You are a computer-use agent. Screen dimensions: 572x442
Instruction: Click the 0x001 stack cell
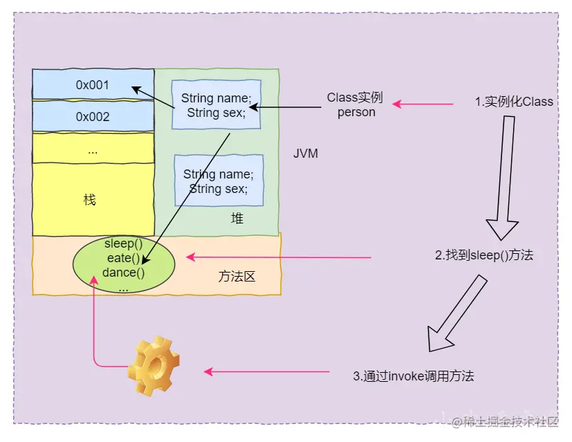click(93, 84)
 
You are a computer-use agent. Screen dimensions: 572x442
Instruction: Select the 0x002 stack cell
click(93, 116)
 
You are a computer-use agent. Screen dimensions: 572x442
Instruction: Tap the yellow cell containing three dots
click(93, 148)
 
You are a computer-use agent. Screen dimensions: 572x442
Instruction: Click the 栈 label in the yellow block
click(90, 200)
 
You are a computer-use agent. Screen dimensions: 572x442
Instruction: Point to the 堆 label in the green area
click(237, 218)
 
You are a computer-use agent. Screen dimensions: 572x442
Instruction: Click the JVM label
click(305, 154)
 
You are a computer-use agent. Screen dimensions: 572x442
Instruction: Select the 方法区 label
click(237, 277)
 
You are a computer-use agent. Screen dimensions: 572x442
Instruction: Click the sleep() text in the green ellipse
click(123, 243)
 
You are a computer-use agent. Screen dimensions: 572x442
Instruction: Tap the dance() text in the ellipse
click(123, 273)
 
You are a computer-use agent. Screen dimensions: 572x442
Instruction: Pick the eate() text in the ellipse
click(123, 258)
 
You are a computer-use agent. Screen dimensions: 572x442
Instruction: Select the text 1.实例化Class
click(514, 101)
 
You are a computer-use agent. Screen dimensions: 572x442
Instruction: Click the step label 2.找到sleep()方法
click(484, 255)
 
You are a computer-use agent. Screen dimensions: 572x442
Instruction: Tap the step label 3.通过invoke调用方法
click(413, 376)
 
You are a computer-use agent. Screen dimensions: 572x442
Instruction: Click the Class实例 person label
click(355, 104)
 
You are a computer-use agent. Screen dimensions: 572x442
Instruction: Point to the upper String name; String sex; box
click(216, 104)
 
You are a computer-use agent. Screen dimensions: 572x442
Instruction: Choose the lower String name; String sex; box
click(219, 181)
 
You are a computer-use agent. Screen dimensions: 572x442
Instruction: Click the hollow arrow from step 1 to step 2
click(505, 178)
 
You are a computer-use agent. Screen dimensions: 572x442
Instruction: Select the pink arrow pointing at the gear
click(267, 371)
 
